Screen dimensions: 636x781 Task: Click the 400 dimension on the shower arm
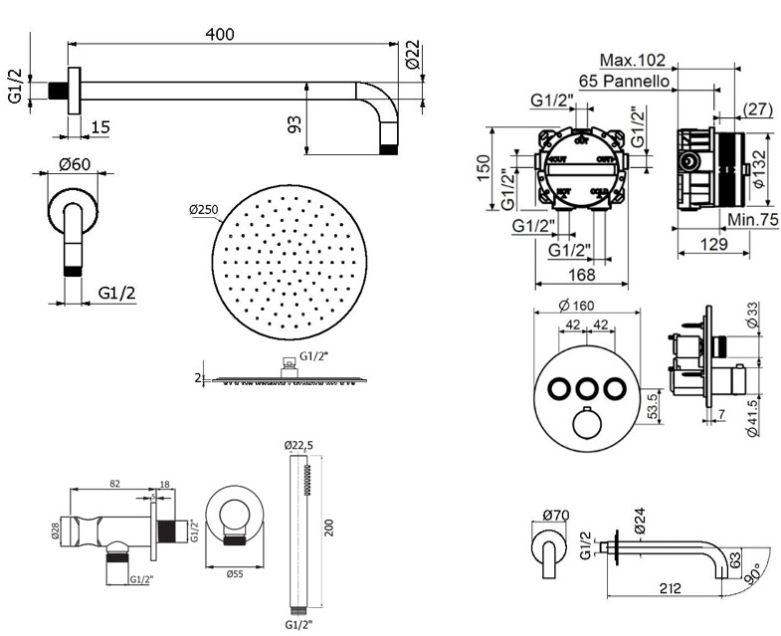pyautogui.click(x=220, y=34)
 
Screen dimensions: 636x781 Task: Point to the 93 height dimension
pyautogui.click(x=294, y=124)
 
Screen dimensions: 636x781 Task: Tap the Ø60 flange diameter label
pyautogui.click(x=75, y=163)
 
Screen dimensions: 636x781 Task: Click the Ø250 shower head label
pyautogui.click(x=202, y=210)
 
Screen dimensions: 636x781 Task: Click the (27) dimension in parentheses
pyautogui.click(x=758, y=109)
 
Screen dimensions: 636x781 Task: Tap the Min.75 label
pyautogui.click(x=751, y=220)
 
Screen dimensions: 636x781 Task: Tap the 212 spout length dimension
pyautogui.click(x=669, y=588)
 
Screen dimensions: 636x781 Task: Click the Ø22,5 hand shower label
pyautogui.click(x=298, y=444)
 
